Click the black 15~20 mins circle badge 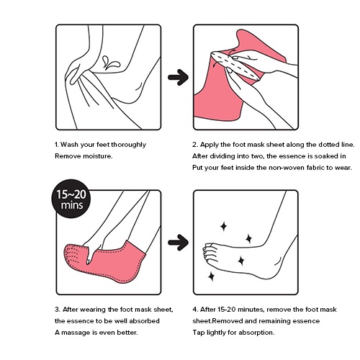tap(71, 199)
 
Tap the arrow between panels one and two tap(178, 77)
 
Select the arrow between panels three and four tap(178, 243)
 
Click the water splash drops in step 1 tap(110, 63)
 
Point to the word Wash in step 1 tap(69, 145)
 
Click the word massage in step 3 tap(76, 333)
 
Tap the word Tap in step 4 tap(199, 333)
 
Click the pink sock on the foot tap(107, 261)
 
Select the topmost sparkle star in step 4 tap(223, 226)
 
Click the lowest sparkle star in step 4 tap(212, 276)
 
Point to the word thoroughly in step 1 tap(128, 145)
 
